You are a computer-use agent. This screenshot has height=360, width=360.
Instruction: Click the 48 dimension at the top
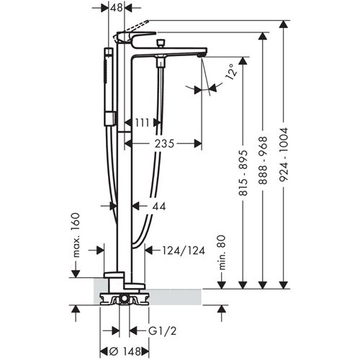(x=117, y=7)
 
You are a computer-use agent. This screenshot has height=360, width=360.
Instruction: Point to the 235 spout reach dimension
(x=163, y=144)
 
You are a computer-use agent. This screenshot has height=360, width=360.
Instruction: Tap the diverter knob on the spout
(x=159, y=45)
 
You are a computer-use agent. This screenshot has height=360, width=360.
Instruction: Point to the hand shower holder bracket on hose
(x=109, y=116)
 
